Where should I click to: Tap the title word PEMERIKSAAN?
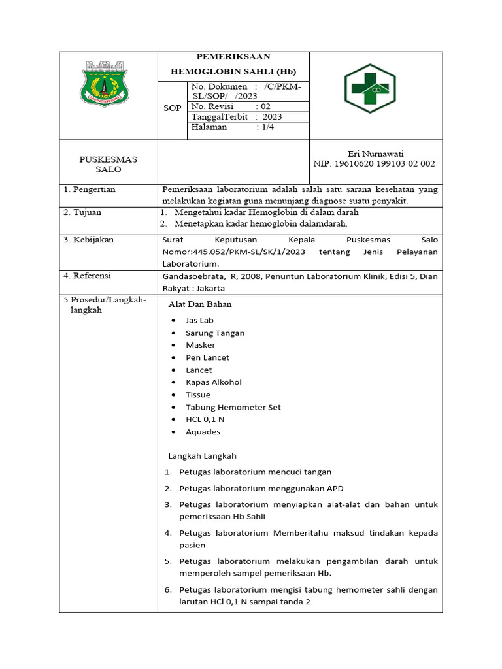click(233, 57)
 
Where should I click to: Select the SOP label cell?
click(172, 108)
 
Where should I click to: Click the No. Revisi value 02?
click(265, 106)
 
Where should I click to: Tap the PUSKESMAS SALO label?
click(109, 164)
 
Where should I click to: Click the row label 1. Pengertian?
click(90, 189)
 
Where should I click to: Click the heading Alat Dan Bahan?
click(200, 304)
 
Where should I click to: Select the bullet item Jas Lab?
click(199, 320)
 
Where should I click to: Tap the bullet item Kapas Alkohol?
click(213, 382)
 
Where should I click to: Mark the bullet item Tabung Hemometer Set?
click(233, 407)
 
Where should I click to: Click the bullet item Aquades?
click(203, 432)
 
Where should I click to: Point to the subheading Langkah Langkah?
click(202, 456)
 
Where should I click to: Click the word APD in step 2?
click(334, 488)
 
